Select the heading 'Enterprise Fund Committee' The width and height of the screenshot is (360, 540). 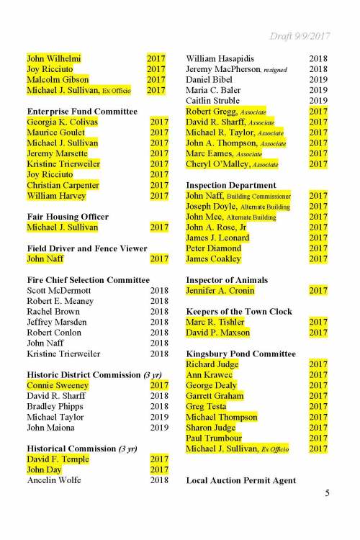(x=82, y=112)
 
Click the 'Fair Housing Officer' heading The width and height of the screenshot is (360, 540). (x=68, y=217)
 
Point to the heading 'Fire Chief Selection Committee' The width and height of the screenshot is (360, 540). (x=88, y=279)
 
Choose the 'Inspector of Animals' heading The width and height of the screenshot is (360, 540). (x=227, y=279)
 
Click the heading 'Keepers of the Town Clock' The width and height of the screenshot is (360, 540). (x=239, y=311)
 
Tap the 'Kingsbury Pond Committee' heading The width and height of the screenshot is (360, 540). (x=240, y=354)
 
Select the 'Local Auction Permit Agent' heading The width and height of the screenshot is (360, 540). (x=241, y=480)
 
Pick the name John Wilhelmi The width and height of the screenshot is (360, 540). (x=54, y=58)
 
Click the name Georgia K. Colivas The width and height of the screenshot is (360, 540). (x=62, y=122)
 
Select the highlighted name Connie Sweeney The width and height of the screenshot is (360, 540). (x=56, y=385)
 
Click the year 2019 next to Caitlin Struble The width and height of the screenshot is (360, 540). (x=318, y=101)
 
